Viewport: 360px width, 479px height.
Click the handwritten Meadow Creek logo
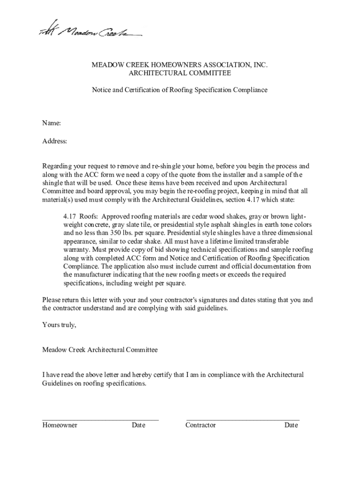(x=89, y=31)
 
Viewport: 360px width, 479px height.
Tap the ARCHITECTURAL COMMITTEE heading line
(x=180, y=73)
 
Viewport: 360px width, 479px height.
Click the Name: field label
(x=51, y=123)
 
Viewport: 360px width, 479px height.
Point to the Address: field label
(x=55, y=141)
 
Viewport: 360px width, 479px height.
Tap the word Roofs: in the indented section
(x=89, y=217)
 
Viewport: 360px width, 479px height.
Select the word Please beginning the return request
(x=52, y=300)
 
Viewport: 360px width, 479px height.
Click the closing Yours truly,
(x=59, y=324)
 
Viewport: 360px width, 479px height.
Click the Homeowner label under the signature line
(x=60, y=425)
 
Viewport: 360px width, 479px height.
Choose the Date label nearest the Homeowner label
(x=138, y=425)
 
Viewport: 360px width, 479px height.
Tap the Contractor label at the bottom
(x=201, y=425)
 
